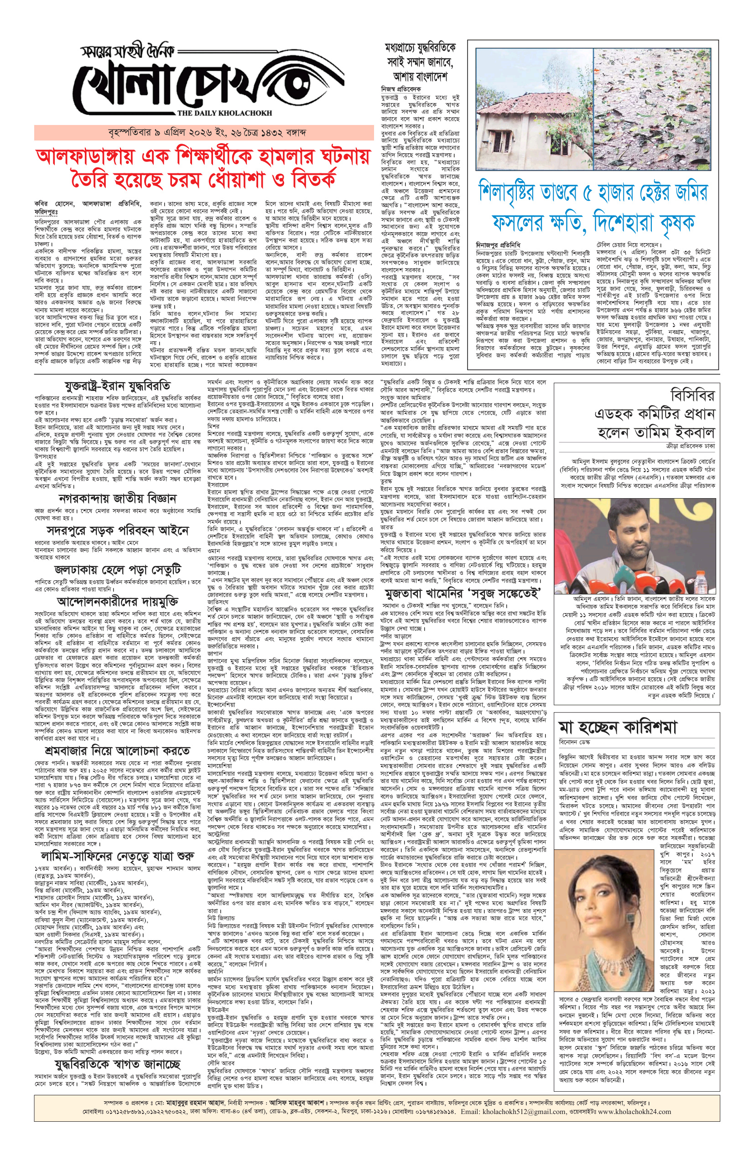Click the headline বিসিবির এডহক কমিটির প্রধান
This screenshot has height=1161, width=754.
click(x=654, y=414)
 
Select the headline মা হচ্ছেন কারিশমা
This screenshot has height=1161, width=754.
click(x=618, y=727)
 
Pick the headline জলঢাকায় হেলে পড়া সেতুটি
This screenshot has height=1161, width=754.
click(x=118, y=569)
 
